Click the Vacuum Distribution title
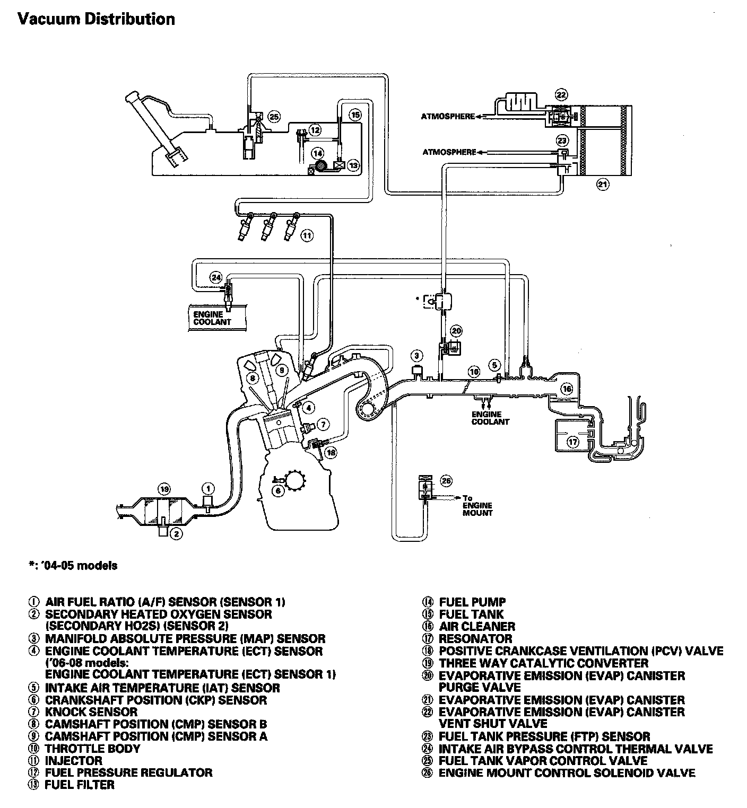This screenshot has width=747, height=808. pyautogui.click(x=96, y=20)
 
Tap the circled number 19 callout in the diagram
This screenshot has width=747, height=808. pyautogui.click(x=164, y=489)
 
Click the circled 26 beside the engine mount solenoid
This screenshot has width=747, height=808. pyautogui.click(x=446, y=481)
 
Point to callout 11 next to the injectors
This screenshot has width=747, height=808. pyautogui.click(x=307, y=235)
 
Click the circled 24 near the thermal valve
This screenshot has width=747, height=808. pyautogui.click(x=215, y=277)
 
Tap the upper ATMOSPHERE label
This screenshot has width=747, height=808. pyautogui.click(x=447, y=117)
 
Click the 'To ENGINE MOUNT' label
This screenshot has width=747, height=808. pyautogui.click(x=477, y=505)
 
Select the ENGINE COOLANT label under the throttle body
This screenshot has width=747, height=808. pyautogui.click(x=490, y=418)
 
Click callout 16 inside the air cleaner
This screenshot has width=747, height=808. pyautogui.click(x=567, y=389)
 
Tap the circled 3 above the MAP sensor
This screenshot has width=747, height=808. pyautogui.click(x=418, y=355)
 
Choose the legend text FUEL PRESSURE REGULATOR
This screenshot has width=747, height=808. pyautogui.click(x=128, y=772)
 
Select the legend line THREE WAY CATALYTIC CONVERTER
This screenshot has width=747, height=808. pyautogui.click(x=543, y=663)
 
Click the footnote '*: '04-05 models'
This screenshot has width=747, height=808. pyautogui.click(x=73, y=565)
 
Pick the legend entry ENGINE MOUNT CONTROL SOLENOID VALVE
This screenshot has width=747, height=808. pyautogui.click(x=567, y=773)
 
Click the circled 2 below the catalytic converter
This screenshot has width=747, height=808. pyautogui.click(x=177, y=534)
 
